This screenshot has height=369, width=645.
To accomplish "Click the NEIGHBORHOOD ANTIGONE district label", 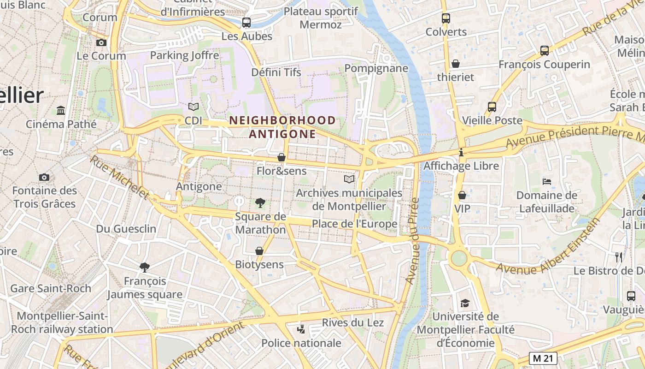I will (x=282, y=127).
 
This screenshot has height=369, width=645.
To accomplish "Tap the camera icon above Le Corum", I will (x=101, y=42).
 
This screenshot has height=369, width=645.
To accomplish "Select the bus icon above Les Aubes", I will (x=246, y=22).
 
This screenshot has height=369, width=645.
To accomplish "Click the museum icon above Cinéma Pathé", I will (x=61, y=110).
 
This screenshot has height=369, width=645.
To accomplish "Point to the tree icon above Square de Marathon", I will (x=260, y=202).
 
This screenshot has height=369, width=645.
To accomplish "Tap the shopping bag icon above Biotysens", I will (x=259, y=250).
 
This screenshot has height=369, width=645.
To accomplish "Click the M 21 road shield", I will (x=543, y=358).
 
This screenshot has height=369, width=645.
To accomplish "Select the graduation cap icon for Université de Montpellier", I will (x=465, y=303).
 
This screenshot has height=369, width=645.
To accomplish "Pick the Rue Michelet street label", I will (x=119, y=177).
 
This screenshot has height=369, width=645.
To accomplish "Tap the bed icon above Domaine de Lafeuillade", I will (x=547, y=181).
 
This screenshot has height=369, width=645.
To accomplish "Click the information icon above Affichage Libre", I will (x=461, y=152).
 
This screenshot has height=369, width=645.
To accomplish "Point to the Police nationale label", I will (x=301, y=343).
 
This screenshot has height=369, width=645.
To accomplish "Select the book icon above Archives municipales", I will (x=350, y=179).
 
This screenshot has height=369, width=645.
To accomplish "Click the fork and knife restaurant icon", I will (x=619, y=257).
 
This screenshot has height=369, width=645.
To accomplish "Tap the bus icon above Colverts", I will (x=446, y=18).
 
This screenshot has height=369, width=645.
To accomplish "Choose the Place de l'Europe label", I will (x=354, y=224).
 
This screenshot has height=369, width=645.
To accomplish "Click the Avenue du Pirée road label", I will (x=412, y=240).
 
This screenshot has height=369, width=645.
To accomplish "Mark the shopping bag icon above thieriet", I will (x=456, y=63).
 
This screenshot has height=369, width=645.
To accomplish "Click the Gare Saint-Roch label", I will (x=51, y=289).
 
